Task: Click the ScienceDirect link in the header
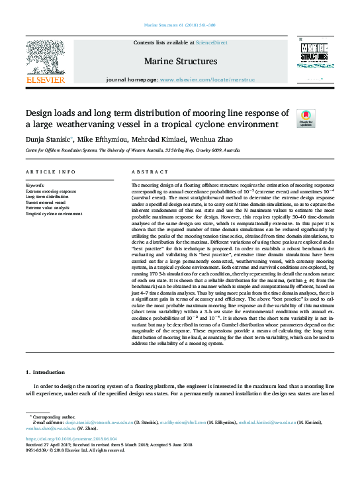point(211,42)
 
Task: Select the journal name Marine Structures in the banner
point(180,62)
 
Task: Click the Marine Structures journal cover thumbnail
point(314,62)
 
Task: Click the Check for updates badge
point(305,119)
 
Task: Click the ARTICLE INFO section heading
point(50,172)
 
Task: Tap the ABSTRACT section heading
point(146,172)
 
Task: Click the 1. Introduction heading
point(46,374)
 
